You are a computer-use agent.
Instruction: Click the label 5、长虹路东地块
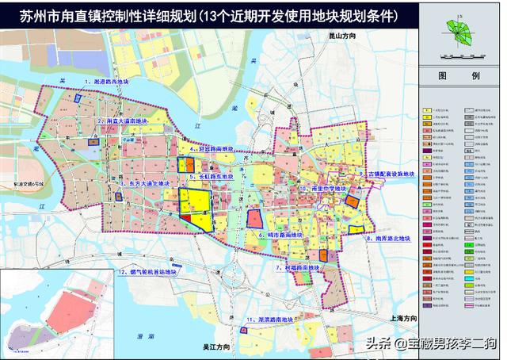215,176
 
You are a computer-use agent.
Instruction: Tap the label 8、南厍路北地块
389,238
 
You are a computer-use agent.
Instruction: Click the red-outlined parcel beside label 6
255,219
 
